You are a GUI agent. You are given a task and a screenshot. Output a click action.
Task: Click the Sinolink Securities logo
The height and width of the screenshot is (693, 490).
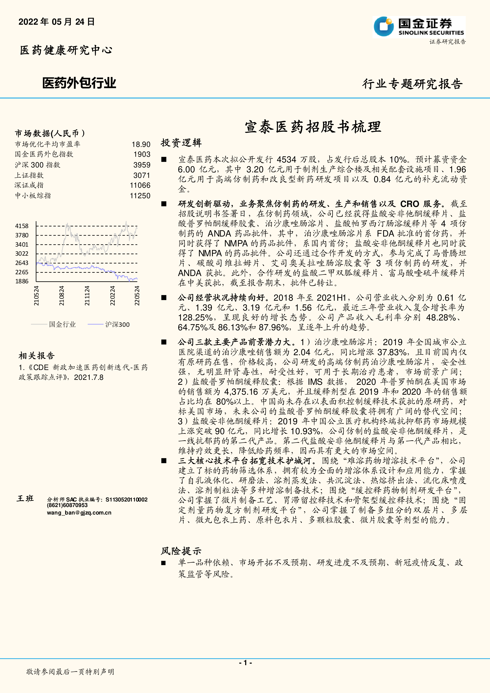[419, 27]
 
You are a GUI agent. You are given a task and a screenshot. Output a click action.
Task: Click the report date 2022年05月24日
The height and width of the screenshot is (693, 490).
[56, 22]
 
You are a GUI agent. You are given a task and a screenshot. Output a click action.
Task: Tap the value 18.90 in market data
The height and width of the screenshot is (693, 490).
[141, 145]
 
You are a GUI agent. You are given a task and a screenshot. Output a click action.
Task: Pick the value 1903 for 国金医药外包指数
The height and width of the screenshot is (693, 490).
[142, 155]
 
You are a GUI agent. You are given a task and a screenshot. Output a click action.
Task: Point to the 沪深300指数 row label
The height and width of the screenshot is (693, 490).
[38, 165]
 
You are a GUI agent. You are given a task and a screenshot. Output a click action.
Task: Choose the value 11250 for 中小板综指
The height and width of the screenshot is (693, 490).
[140, 196]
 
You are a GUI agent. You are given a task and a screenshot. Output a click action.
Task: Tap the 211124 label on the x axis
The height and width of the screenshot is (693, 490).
[87, 296]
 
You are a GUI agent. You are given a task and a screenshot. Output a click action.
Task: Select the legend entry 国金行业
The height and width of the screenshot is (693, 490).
[62, 324]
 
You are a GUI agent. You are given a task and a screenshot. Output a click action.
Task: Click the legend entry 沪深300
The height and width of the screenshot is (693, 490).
[117, 324]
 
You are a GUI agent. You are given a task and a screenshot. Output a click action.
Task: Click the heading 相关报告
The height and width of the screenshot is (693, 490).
[37, 356]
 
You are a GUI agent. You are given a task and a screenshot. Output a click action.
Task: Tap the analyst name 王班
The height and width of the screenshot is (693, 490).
[25, 499]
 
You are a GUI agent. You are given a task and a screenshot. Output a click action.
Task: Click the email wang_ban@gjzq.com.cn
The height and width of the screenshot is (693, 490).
[79, 513]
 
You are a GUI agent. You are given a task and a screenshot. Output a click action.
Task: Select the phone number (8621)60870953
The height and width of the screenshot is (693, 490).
[67, 505]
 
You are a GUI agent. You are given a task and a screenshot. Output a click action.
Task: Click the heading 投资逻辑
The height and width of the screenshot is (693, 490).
[181, 143]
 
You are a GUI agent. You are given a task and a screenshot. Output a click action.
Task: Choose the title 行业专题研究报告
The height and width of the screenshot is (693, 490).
[412, 84]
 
